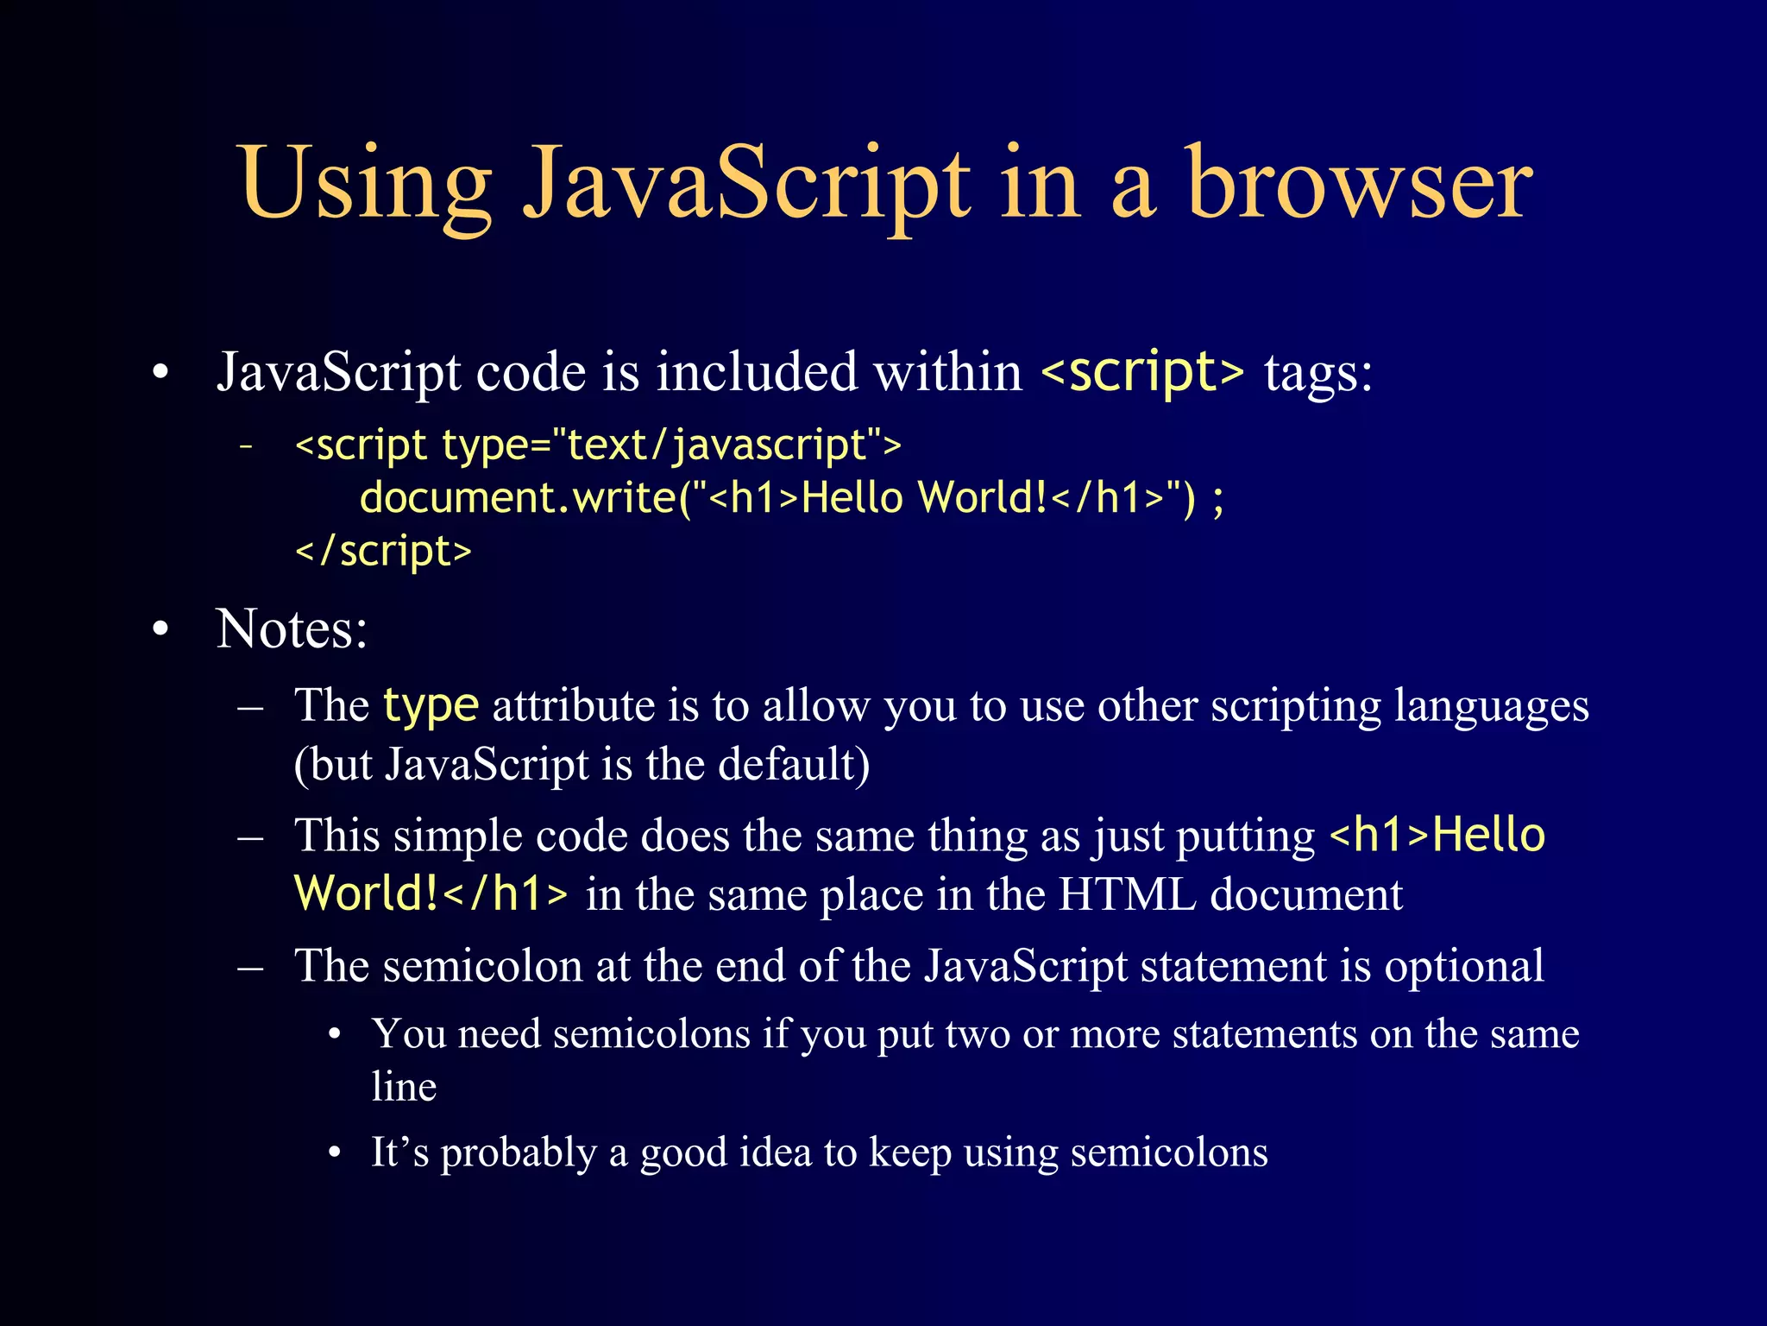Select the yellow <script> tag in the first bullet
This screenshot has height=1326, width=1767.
coord(1142,372)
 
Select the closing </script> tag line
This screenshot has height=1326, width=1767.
coord(384,552)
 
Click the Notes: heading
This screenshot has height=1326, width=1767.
coord(292,628)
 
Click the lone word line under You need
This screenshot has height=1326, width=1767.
coord(404,1086)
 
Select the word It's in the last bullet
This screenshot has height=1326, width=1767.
coord(399,1152)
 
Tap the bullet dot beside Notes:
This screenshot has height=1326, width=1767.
coord(160,629)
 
